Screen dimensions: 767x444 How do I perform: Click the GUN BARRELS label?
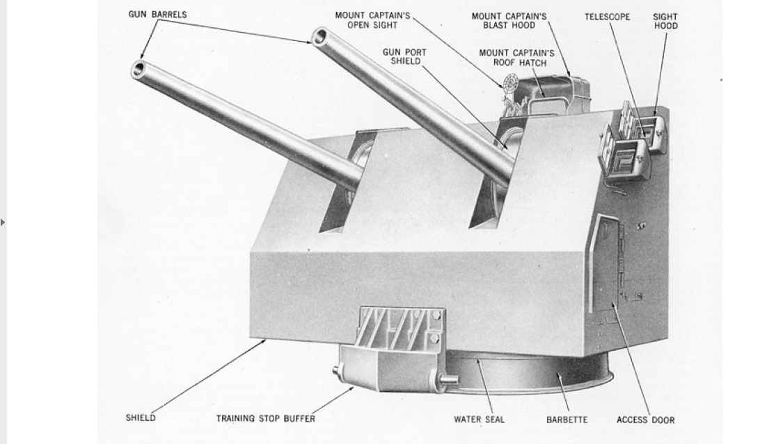pyautogui.click(x=157, y=15)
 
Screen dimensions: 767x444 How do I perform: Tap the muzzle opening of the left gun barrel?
pyautogui.click(x=139, y=69)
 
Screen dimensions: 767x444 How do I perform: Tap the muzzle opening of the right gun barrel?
pyautogui.click(x=320, y=36)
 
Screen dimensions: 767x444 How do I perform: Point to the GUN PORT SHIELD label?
pyautogui.click(x=404, y=56)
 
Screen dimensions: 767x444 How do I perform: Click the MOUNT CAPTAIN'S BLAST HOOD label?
pyautogui.click(x=509, y=20)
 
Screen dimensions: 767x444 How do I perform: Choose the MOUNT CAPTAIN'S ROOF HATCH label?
pyautogui.click(x=516, y=58)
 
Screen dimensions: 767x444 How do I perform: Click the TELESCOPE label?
pyautogui.click(x=607, y=16)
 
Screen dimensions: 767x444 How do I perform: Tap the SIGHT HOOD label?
pyautogui.click(x=665, y=21)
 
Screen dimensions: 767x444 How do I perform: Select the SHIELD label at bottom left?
pyautogui.click(x=141, y=418)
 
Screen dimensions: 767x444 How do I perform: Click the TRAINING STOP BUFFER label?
pyautogui.click(x=265, y=419)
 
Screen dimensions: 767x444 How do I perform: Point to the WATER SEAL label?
pyautogui.click(x=479, y=420)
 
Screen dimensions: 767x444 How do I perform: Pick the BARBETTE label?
pyautogui.click(x=567, y=420)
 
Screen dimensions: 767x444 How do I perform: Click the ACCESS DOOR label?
pyautogui.click(x=645, y=420)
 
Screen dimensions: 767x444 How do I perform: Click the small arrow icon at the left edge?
pyautogui.click(x=3, y=223)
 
